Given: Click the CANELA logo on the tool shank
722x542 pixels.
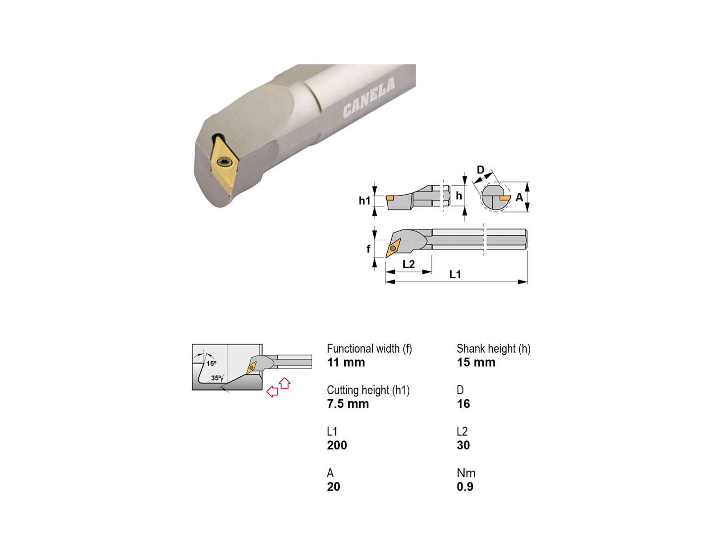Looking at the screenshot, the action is click(x=368, y=98).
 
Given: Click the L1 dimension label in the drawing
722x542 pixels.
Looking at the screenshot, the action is click(x=455, y=274).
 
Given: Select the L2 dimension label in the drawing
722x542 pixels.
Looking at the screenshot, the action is click(x=408, y=264).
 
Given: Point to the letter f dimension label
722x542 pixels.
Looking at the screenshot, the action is click(x=368, y=249).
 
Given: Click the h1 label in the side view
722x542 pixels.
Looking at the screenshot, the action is click(x=365, y=201).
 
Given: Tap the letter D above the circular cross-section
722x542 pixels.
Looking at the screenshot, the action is click(x=481, y=170).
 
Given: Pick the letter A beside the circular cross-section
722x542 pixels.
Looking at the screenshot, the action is click(x=519, y=197).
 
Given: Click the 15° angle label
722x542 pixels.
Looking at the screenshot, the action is click(x=212, y=363).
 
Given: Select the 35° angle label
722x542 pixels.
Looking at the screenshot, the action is click(x=216, y=378).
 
